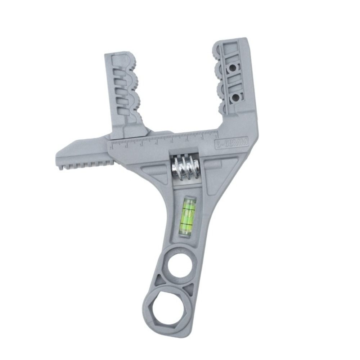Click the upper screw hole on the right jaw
tap(233, 67)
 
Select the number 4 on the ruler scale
tap(156, 142)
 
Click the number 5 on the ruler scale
tap(141, 143)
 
